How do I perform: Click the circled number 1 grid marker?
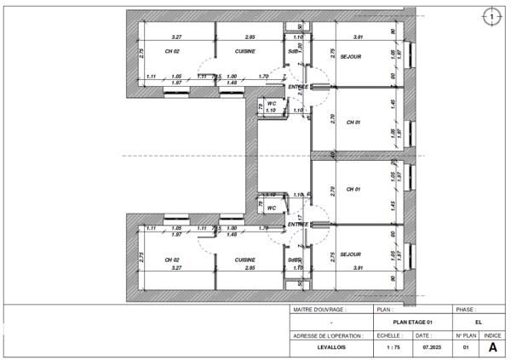point(491,15)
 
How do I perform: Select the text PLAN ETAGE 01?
point(413,323)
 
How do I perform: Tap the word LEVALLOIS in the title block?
point(331,347)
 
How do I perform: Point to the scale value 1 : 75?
point(393,347)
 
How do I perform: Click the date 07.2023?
point(431,347)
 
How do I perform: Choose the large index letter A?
point(491,347)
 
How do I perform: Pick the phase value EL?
point(478,323)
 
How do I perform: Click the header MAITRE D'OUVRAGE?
point(319,310)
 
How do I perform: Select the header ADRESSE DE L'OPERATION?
point(330,335)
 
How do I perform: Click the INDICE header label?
point(491,335)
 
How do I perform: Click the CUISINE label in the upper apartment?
point(246,51)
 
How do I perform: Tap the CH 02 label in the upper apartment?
point(172,51)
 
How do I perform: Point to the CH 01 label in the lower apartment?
point(353,189)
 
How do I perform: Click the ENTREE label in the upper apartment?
point(299,87)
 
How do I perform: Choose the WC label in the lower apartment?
point(271,207)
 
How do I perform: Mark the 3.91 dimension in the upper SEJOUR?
point(359,37)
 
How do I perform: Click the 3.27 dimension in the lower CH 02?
point(176,267)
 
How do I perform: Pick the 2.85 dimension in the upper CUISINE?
point(250,37)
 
